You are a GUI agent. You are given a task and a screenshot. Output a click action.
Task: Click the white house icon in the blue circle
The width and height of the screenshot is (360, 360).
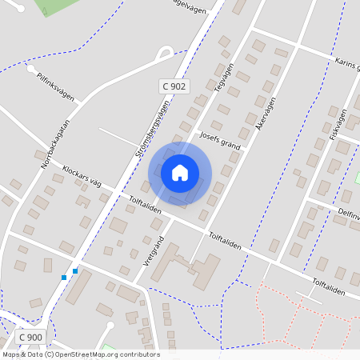[x=180, y=172]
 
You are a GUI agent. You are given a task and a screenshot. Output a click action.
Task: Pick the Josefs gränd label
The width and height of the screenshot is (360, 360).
[x=219, y=139]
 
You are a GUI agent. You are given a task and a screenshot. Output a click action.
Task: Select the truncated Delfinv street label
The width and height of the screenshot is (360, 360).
[x=348, y=214]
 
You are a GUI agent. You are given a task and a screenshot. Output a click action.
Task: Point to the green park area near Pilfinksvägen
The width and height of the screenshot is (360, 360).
[x=60, y=6]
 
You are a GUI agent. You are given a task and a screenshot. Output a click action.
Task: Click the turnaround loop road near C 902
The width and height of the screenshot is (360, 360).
[x=165, y=54]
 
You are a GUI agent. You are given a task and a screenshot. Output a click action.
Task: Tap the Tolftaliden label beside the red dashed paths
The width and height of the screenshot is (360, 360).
[x=329, y=286]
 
